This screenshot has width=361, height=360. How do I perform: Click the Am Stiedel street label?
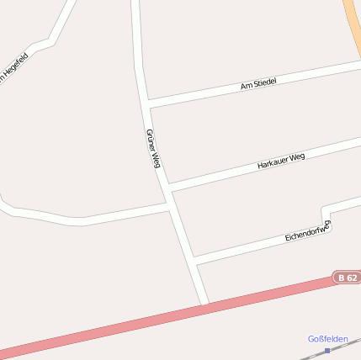(x=258, y=82)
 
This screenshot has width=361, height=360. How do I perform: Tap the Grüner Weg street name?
(x=152, y=149)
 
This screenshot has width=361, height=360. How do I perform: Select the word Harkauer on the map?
(x=273, y=162)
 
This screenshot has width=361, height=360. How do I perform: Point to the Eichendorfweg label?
(x=307, y=230)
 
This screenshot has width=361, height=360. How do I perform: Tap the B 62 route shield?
(x=347, y=277)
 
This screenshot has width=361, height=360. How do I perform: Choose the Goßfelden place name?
(x=327, y=338)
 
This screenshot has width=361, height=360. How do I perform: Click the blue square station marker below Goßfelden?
(x=327, y=350)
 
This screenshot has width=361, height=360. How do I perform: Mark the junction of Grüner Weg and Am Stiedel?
(x=147, y=104)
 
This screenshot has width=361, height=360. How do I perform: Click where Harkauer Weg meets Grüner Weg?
(x=168, y=187)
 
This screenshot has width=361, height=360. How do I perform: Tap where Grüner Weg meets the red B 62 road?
(x=205, y=304)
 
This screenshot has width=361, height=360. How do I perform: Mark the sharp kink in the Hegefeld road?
(x=50, y=41)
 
